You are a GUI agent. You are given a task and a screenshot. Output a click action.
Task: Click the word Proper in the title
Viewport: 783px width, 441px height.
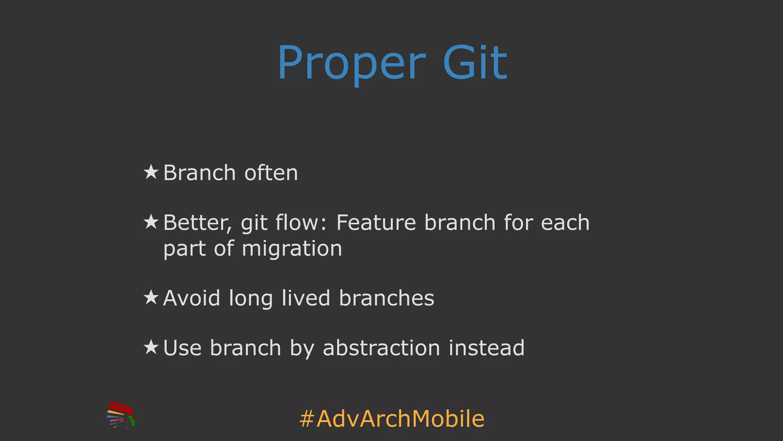(351, 64)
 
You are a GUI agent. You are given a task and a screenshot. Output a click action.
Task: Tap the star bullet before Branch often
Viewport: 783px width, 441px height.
(151, 172)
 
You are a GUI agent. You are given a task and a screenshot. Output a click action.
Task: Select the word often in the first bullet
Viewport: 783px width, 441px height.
(271, 173)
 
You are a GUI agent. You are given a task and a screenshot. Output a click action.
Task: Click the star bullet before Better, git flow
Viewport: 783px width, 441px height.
(151, 222)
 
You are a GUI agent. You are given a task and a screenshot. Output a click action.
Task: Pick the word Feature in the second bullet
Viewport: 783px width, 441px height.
(376, 223)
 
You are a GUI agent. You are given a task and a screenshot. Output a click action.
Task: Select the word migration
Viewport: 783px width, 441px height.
(292, 249)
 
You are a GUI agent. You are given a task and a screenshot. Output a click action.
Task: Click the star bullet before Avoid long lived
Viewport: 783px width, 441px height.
(151, 297)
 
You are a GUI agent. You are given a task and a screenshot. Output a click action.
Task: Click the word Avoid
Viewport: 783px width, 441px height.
(192, 298)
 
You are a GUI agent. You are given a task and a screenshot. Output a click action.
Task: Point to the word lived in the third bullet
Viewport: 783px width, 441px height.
(306, 298)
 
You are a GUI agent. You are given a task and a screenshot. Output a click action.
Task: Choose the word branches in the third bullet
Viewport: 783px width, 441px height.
(387, 298)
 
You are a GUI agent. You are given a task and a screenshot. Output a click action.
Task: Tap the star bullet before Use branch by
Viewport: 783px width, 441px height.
(151, 348)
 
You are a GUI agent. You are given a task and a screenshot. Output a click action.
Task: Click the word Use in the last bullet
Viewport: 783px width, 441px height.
(182, 348)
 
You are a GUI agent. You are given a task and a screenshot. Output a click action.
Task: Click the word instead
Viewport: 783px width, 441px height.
(486, 348)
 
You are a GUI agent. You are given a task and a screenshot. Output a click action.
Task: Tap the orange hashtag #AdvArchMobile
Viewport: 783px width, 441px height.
(392, 419)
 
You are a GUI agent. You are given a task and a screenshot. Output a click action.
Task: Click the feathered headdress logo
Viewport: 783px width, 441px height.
(120, 415)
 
